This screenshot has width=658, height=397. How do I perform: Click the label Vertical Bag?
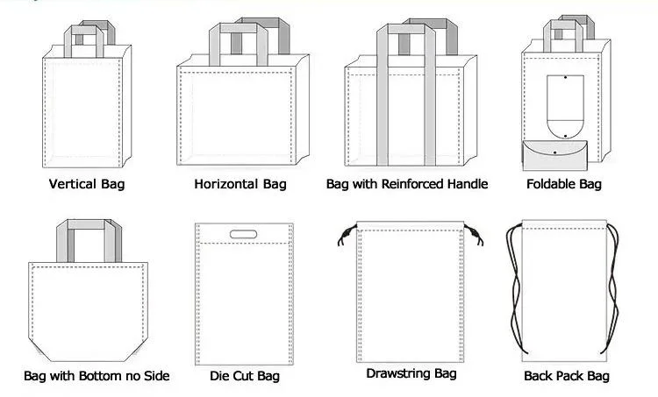(x=87, y=184)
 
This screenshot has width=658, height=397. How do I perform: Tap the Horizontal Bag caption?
(x=240, y=184)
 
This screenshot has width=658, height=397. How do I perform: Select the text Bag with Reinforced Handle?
(x=407, y=184)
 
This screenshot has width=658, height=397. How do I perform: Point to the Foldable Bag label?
(x=564, y=184)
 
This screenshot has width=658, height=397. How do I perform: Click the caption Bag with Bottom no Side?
(x=97, y=376)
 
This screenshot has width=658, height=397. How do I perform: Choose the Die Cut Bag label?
(x=245, y=376)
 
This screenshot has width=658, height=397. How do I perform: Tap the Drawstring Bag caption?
(x=411, y=373)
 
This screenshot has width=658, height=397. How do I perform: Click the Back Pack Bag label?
(x=566, y=376)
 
